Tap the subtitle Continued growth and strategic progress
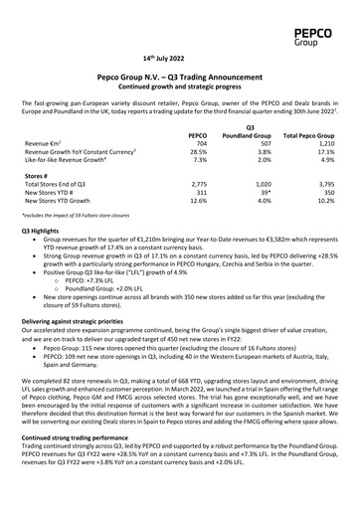click(x=180, y=87)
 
